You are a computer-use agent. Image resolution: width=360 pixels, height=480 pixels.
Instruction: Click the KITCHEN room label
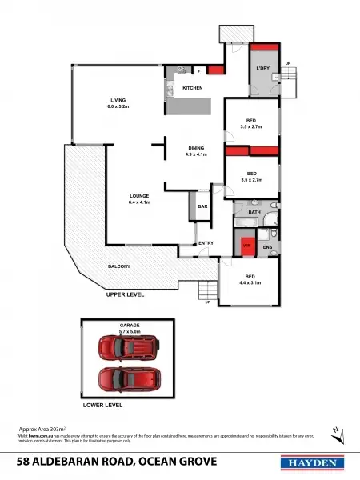pos(192,87)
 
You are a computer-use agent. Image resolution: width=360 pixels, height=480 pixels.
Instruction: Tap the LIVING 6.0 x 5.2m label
pos(119,102)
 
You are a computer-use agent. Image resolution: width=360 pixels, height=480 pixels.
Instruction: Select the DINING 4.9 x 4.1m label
pos(196,151)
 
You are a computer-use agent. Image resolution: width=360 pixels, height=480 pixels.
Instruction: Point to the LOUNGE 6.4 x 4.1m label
pos(140,199)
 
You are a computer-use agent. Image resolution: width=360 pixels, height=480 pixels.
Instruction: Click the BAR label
pos(203,206)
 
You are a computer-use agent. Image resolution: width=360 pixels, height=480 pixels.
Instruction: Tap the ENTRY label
pos(206,243)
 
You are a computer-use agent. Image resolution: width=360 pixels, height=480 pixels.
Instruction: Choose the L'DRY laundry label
pos(262,69)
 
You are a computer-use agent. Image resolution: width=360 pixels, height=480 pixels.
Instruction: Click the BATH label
pos(254,212)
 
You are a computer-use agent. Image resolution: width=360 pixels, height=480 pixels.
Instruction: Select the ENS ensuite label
pos(268,247)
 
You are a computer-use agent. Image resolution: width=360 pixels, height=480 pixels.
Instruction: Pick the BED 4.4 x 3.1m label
pos(251,279)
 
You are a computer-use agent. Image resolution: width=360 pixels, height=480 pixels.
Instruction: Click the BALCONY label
pos(119,266)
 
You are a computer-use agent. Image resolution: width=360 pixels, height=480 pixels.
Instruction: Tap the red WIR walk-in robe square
pos(247,246)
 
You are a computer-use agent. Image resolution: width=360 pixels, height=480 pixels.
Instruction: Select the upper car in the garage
pos(127,348)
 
